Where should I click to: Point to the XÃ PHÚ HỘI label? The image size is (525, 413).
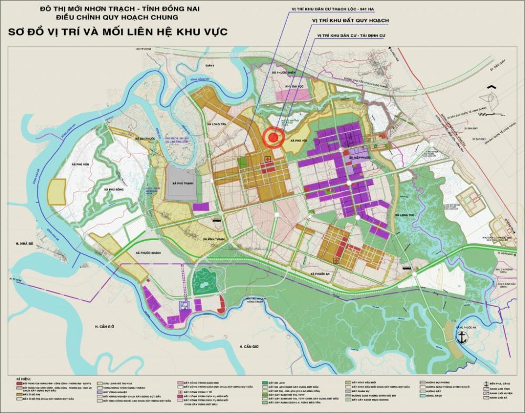tap(293, 140)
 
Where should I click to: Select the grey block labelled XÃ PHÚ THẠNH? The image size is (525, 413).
tap(181, 183)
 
